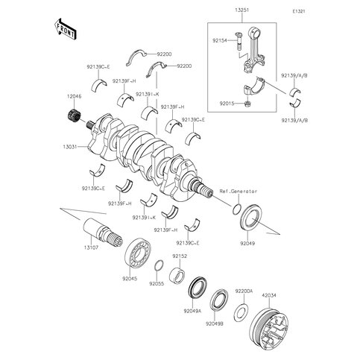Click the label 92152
click(180, 256)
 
